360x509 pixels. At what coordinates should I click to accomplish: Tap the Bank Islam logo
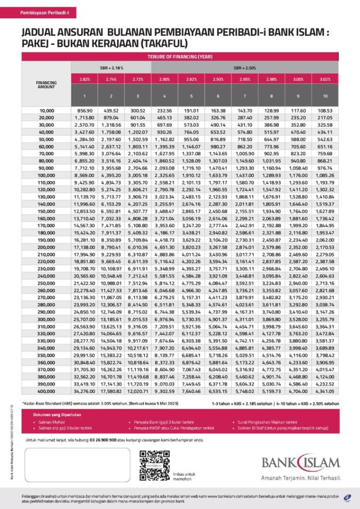coord(301,463)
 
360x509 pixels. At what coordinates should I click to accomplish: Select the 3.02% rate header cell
coord(325,79)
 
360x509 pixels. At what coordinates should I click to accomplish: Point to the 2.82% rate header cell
coord(85,79)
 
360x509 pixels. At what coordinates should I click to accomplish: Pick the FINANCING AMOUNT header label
coord(46,84)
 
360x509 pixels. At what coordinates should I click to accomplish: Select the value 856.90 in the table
coord(85,109)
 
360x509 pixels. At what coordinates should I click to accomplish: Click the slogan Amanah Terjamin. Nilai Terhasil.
coord(301,478)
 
